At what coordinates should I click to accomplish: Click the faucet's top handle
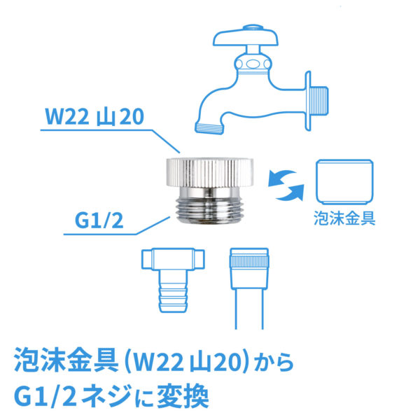pyautogui.click(x=246, y=36)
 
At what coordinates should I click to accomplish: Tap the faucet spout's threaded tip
pyautogui.click(x=209, y=129)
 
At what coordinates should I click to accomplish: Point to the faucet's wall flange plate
pyautogui.click(x=308, y=101)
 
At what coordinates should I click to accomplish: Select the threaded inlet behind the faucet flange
pyautogui.click(x=320, y=101)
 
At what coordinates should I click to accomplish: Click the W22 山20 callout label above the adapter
pyautogui.click(x=94, y=116)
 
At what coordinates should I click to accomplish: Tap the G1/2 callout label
pyautogui.click(x=99, y=220)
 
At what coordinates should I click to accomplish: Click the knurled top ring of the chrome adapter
pyautogui.click(x=210, y=172)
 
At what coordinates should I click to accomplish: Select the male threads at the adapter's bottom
pyautogui.click(x=209, y=210)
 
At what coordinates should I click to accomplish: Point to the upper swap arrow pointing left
pyautogui.click(x=281, y=178)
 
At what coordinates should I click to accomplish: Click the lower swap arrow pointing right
pyautogui.click(x=290, y=192)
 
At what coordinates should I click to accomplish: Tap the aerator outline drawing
pyautogui.click(x=344, y=182)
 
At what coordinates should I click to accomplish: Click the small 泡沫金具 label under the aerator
pyautogui.click(x=344, y=218)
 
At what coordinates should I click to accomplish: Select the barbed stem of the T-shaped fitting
pyautogui.click(x=173, y=291)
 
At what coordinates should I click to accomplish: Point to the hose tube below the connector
pyautogui.click(x=249, y=309)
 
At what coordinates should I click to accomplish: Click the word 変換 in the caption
pyautogui.click(x=183, y=396)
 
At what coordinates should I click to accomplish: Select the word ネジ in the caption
pyautogui.click(x=107, y=396)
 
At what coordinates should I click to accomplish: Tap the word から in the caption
pyautogui.click(x=274, y=362)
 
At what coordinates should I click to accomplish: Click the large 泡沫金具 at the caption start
pyautogui.click(x=66, y=360)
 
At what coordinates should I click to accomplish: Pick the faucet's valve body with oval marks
pyautogui.click(x=253, y=64)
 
